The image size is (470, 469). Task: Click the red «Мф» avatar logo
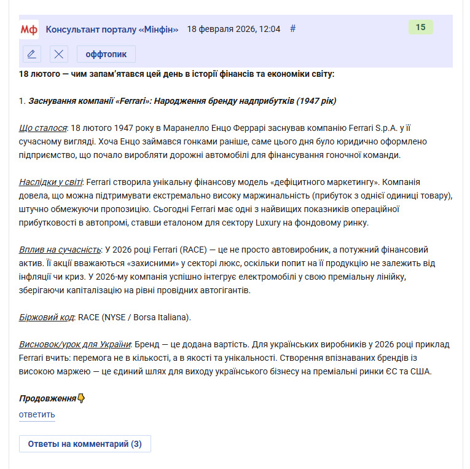[29, 29]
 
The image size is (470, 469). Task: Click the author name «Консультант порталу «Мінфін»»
[112, 29]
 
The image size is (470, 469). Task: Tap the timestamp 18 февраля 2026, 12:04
[233, 29]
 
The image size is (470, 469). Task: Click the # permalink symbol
[293, 29]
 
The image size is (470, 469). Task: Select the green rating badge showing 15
[421, 27]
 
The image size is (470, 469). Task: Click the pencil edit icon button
[32, 54]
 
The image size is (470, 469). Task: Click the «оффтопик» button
[106, 54]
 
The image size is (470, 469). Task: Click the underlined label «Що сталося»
[43, 128]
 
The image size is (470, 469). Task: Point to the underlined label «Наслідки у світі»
[51, 182]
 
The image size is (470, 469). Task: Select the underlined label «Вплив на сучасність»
[60, 250]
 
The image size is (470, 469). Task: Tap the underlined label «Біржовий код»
[47, 317]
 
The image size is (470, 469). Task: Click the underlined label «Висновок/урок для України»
[75, 344]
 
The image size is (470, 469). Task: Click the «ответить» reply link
[37, 414]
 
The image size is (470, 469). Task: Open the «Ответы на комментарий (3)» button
[85, 444]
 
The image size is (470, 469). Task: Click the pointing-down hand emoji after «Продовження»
[81, 398]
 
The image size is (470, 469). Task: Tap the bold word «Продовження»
[47, 398]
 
